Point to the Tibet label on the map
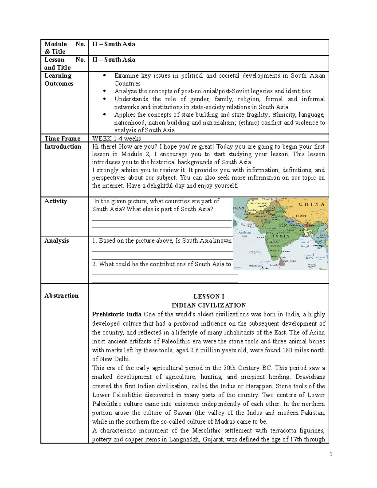[x=301, y=216]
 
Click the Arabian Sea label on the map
[x=244, y=234]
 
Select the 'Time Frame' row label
[x=62, y=139]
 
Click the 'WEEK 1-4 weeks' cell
[x=116, y=139]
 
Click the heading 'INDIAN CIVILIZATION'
[x=209, y=305]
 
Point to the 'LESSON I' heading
[x=209, y=296]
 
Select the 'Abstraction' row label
[x=61, y=296]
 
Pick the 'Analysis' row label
[x=57, y=241]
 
